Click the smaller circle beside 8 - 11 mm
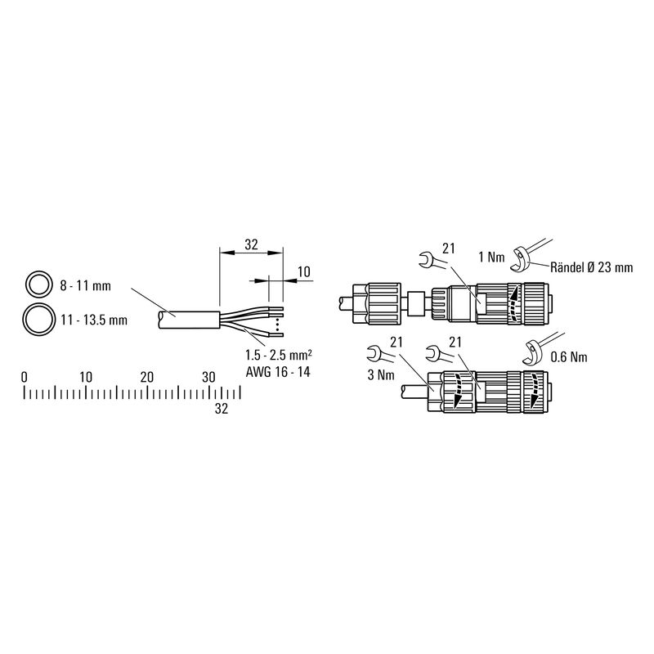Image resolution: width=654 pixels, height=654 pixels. [x=27, y=284]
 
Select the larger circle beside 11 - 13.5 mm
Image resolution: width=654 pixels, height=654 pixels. [x=25, y=319]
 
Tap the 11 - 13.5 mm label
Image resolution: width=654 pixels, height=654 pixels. [x=94, y=320]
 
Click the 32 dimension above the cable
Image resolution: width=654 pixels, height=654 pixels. [x=251, y=244]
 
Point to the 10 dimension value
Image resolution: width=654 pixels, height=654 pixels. [x=304, y=271]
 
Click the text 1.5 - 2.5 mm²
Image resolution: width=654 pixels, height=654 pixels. [x=279, y=355]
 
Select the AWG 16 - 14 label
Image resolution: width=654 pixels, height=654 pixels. [x=278, y=372]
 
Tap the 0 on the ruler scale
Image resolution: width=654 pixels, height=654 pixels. [x=25, y=377]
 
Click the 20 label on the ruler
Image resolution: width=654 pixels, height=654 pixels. [x=147, y=377]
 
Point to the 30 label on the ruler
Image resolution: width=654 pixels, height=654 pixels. [x=208, y=377]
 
